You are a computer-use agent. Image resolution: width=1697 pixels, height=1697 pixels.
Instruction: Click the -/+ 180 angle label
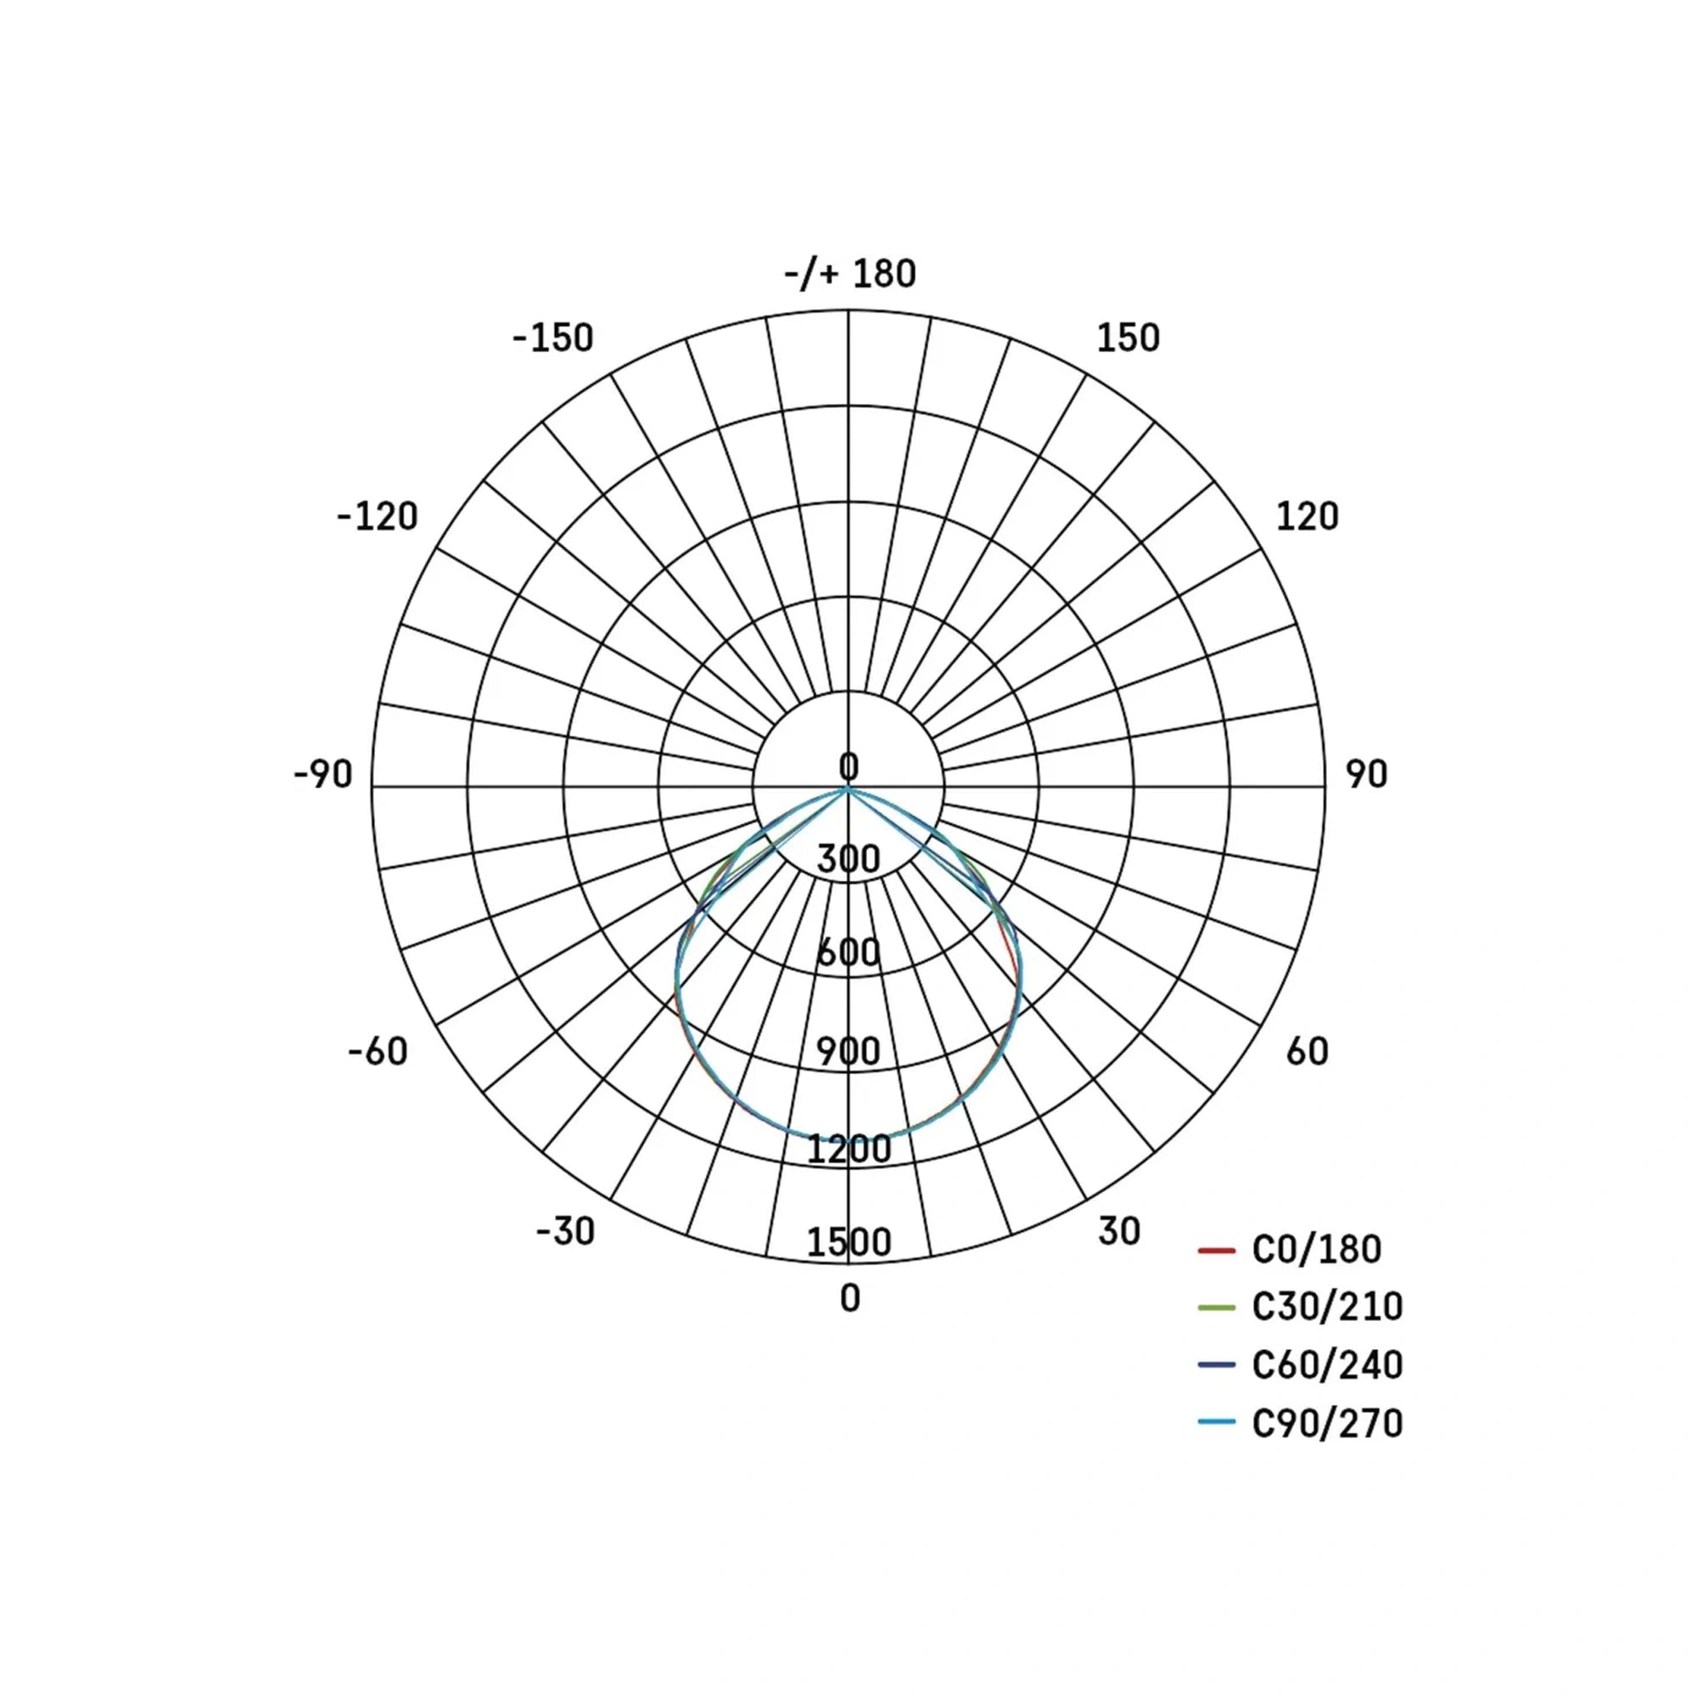click(x=849, y=274)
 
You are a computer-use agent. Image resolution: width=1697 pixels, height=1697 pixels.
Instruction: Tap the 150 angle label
click(x=1128, y=339)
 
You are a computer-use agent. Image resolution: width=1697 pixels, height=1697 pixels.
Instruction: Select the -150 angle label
click(x=553, y=339)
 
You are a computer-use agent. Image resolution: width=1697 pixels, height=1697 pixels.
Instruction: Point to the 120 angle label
click(x=1307, y=517)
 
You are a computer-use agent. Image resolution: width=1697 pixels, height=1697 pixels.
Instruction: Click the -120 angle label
click(x=378, y=517)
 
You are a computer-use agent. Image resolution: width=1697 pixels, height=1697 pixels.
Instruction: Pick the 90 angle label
click(x=1367, y=775)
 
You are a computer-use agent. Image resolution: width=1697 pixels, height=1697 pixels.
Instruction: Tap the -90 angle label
click(x=323, y=775)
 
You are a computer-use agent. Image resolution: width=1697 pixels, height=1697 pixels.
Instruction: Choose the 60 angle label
click(x=1307, y=1051)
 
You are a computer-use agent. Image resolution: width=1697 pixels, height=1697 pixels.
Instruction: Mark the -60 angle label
click(x=378, y=1051)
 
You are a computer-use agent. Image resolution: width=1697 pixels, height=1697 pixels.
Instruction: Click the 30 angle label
click(x=1119, y=1231)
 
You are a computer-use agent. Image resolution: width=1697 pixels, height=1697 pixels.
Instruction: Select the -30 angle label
click(x=566, y=1231)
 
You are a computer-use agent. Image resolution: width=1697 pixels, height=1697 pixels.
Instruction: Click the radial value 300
click(x=848, y=859)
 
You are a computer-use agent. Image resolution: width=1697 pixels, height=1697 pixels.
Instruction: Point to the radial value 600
click(x=848, y=953)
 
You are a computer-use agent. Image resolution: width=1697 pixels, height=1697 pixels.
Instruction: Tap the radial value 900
click(x=848, y=1051)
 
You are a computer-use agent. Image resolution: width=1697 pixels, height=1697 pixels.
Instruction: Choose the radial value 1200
click(x=848, y=1149)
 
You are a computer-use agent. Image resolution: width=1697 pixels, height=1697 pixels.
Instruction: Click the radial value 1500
click(x=848, y=1243)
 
